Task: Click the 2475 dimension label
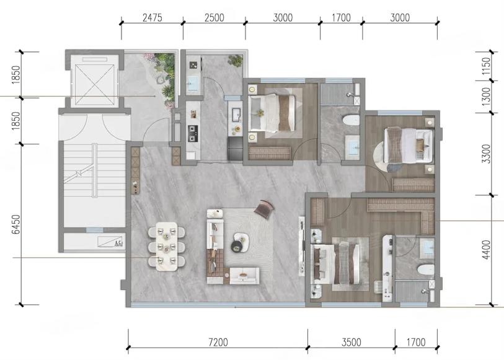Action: (x=153, y=18)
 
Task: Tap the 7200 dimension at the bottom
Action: (x=218, y=342)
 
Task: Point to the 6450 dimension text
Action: (x=15, y=224)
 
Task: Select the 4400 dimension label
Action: (x=487, y=250)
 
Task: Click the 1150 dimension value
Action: (x=487, y=66)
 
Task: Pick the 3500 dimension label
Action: (x=351, y=342)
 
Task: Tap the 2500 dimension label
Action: (x=214, y=18)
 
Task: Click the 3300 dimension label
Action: (x=487, y=154)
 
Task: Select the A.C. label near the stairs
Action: (x=118, y=243)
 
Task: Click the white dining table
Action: (x=167, y=247)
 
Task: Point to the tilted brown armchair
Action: (x=264, y=209)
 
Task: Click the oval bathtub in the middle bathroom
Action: (x=351, y=120)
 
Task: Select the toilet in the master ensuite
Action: (x=425, y=270)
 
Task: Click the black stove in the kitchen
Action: (x=193, y=133)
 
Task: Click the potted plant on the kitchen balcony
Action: (x=236, y=61)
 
